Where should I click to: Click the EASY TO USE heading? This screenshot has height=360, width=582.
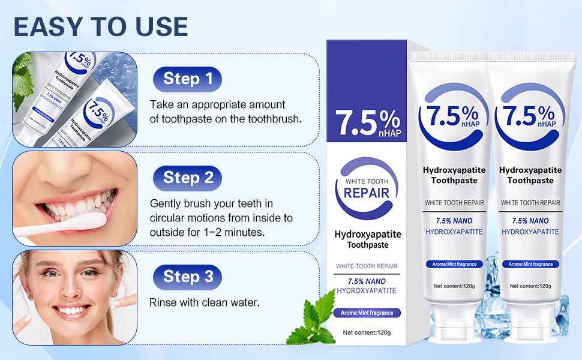coord(100,26)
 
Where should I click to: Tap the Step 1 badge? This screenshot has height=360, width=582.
coord(187,79)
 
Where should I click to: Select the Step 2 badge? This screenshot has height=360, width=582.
coord(187,178)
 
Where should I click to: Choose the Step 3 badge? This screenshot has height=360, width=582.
coord(187,277)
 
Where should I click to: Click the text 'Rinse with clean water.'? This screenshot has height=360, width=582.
coord(204,302)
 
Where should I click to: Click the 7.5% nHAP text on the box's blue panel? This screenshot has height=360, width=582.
coord(367,123)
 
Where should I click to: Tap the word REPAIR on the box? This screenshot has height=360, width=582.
coord(367,193)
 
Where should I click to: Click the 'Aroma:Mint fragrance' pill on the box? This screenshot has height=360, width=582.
coord(367,313)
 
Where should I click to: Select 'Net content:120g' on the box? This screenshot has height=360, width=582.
coord(367,332)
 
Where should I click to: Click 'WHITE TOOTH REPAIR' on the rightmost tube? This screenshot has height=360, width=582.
coord(530,203)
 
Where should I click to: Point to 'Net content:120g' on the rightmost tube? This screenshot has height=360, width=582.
coord(530,286)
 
